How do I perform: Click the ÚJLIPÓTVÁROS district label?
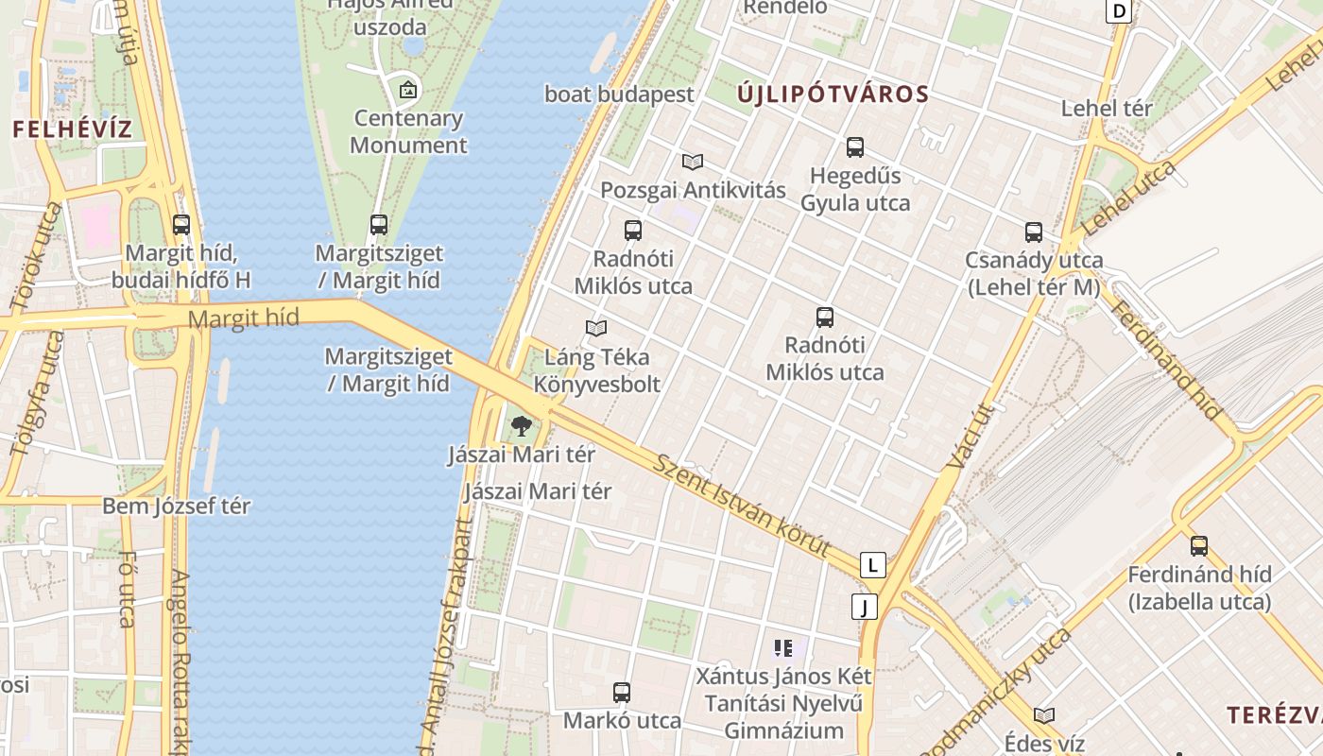[x=833, y=94]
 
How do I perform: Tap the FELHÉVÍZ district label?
[x=72, y=129]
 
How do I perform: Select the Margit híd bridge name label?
[x=243, y=318]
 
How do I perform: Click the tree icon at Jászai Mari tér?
[x=521, y=426]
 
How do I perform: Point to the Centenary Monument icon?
[x=408, y=91]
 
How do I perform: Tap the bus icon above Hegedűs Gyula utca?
[x=855, y=147]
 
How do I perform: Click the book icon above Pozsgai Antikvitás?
[x=693, y=163]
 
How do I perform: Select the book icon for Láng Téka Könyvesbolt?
[x=595, y=329]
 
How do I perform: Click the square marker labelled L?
[x=873, y=565]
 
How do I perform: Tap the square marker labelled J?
[x=864, y=607]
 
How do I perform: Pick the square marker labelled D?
[x=1120, y=11]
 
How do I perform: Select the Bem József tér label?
[x=176, y=507]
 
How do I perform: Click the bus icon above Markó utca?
[x=622, y=693]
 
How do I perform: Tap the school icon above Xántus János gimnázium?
[x=783, y=648]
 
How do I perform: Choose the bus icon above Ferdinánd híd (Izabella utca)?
[x=1199, y=546]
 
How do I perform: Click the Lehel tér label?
[x=1107, y=109]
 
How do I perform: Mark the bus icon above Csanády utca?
[x=1034, y=232]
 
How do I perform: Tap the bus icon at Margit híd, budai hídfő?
[x=181, y=225]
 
